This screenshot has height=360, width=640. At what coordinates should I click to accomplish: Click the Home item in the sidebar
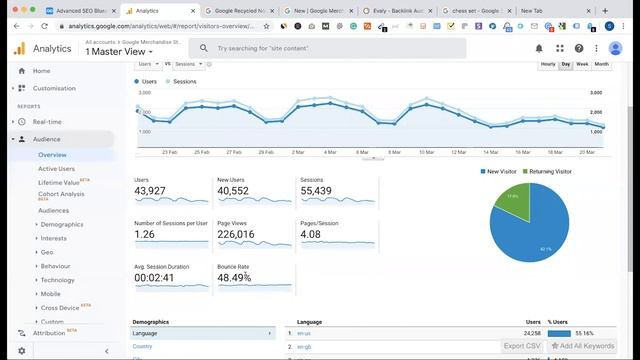pos(41,71)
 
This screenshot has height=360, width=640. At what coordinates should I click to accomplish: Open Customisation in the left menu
pos(54,88)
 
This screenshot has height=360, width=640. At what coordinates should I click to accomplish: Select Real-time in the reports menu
pos(47,122)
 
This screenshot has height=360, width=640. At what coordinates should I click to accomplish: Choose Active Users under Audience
pos(56,169)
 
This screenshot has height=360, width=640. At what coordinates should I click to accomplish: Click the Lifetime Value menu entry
pos(59,183)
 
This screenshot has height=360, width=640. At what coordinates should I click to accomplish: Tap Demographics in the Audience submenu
pos(62,225)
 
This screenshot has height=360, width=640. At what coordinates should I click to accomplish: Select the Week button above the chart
pos(582,64)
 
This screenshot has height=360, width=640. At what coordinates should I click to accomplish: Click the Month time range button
pos(601,64)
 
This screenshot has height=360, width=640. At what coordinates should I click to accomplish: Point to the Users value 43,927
pos(150,191)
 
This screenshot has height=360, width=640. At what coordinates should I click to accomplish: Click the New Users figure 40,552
pos(233,191)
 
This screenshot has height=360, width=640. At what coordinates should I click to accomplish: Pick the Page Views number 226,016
pos(236,235)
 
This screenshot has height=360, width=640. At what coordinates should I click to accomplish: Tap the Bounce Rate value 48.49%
pos(234,278)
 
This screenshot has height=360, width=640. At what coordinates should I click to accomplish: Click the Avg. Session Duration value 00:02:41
pos(154,278)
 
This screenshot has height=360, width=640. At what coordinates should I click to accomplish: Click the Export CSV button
pos(522,346)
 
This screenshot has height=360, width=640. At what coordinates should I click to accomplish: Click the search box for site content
pos(330,48)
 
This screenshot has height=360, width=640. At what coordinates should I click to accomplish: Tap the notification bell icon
pos(539,48)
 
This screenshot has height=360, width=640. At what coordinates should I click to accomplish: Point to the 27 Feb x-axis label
pos(234,152)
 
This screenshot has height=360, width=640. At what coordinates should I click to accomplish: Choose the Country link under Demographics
pos(143,346)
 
